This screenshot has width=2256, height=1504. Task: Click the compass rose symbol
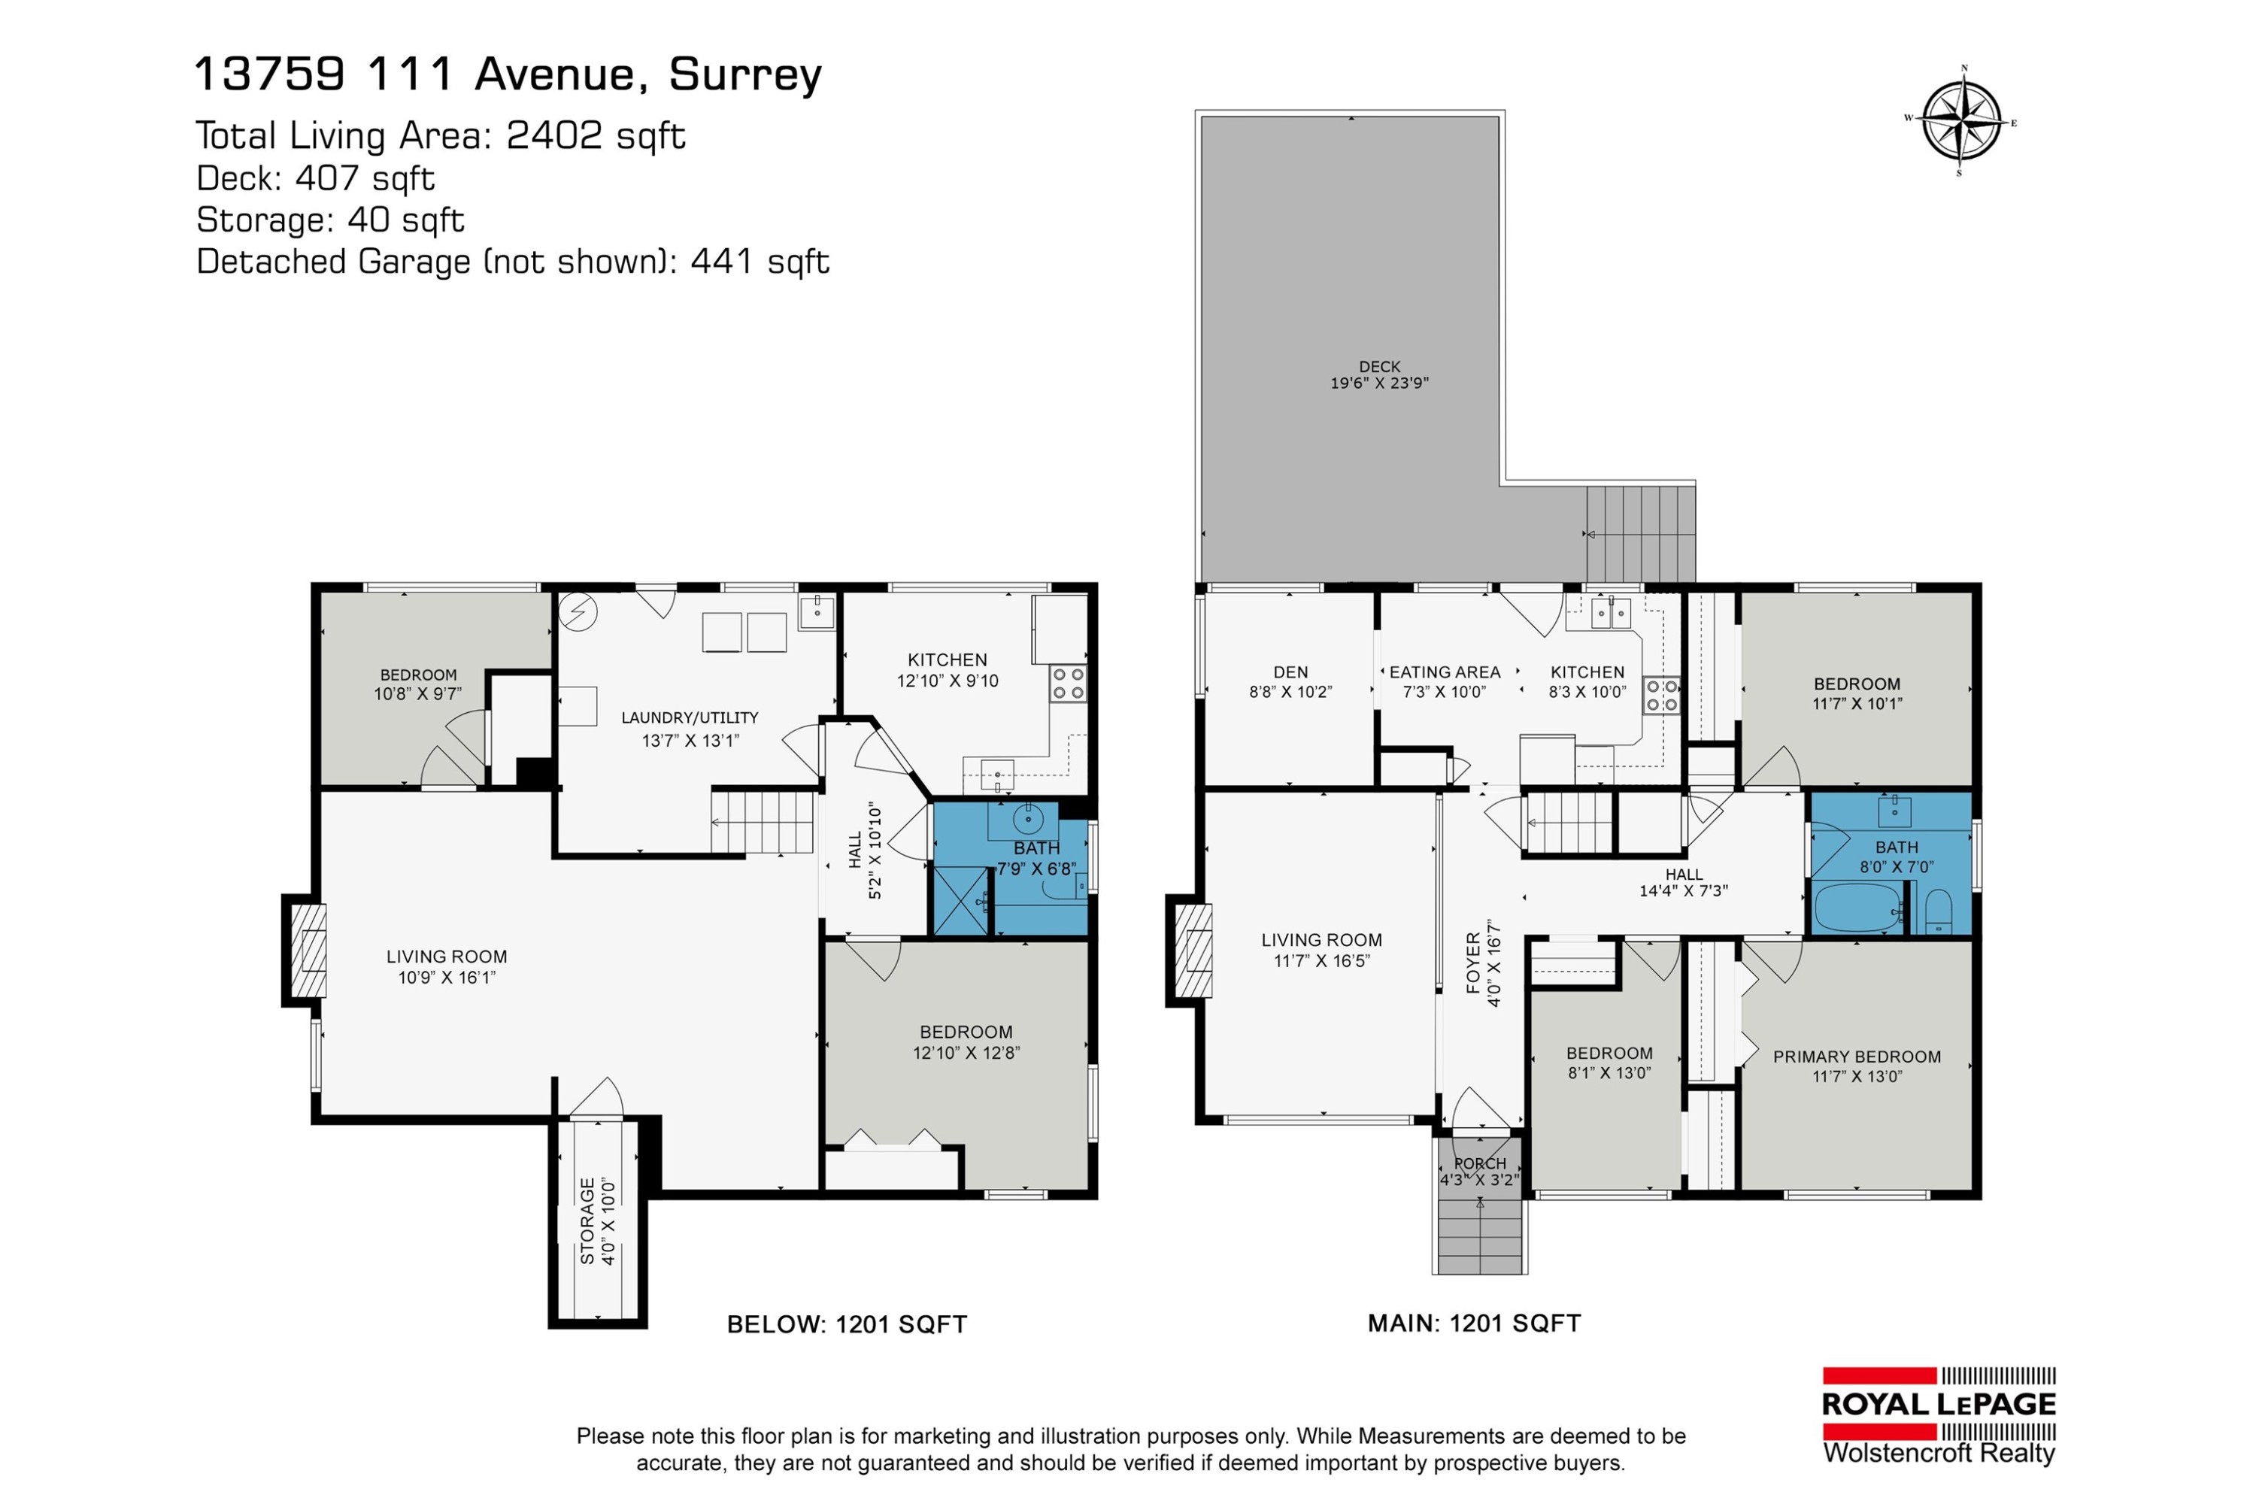click(1960, 123)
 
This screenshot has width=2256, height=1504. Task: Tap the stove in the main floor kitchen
click(1662, 696)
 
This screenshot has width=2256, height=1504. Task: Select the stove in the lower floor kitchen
click(1068, 684)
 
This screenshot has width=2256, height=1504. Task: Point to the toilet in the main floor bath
click(1939, 911)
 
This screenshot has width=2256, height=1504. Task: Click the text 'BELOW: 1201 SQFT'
click(846, 1324)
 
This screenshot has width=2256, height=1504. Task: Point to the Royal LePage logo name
click(1938, 1405)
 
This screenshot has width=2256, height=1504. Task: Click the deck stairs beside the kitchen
click(1640, 533)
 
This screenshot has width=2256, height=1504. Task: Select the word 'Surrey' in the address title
click(745, 74)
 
